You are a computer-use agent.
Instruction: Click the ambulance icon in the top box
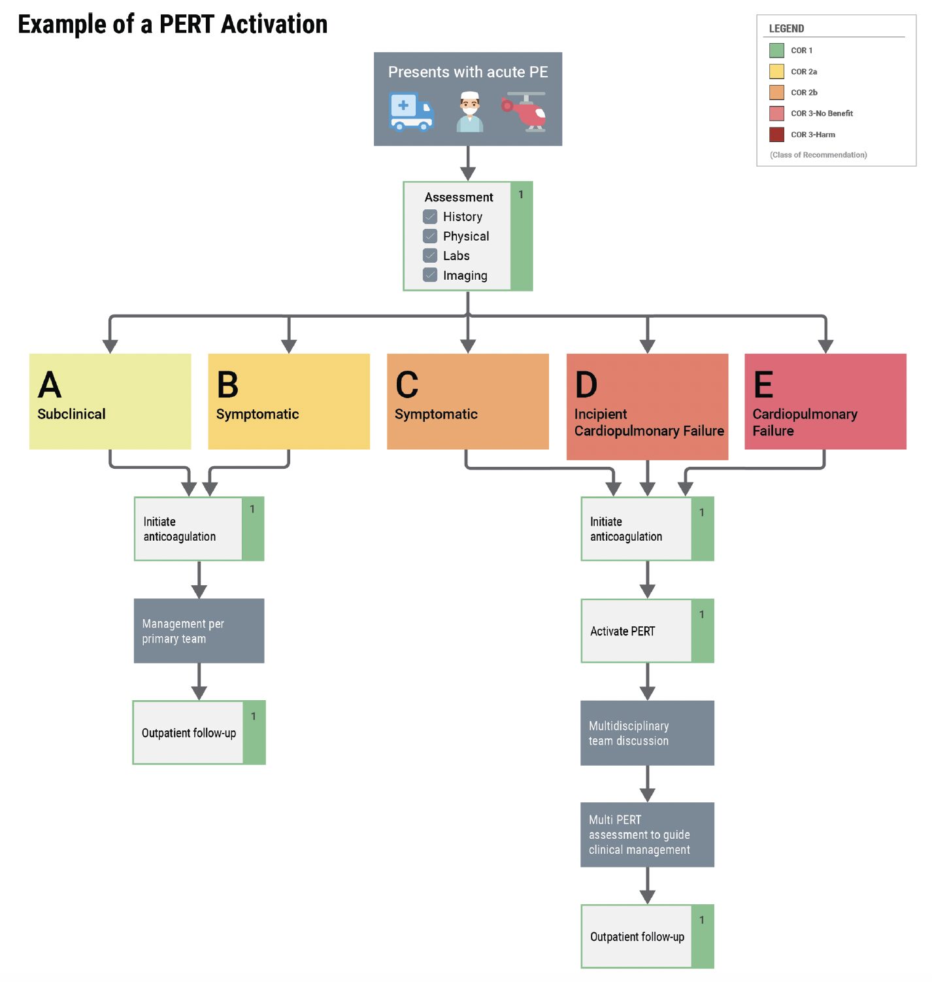tap(410, 111)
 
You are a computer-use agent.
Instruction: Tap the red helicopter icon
tap(524, 111)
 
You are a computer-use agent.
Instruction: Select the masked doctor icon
tap(469, 111)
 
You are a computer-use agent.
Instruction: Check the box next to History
tap(429, 216)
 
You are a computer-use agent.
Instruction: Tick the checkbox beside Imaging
tap(429, 275)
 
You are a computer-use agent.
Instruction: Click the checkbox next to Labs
tap(429, 255)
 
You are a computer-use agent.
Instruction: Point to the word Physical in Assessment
tap(465, 236)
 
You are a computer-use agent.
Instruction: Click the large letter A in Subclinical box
tap(50, 384)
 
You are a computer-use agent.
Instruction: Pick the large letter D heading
tap(586, 384)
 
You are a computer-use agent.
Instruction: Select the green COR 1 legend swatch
tap(776, 50)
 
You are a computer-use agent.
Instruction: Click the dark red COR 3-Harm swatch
tap(776, 135)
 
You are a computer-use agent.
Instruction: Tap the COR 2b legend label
tap(804, 92)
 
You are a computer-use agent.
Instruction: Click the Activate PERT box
tap(647, 630)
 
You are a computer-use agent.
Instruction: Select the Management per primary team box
tap(199, 630)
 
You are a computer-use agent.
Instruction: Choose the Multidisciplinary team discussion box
tap(647, 733)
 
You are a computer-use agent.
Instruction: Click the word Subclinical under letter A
tap(71, 414)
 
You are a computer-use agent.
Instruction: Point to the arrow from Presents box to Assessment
tap(467, 163)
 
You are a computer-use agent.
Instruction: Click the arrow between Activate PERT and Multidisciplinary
tap(647, 681)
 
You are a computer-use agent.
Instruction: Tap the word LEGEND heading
tap(786, 29)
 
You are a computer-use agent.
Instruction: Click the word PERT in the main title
tap(187, 24)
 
